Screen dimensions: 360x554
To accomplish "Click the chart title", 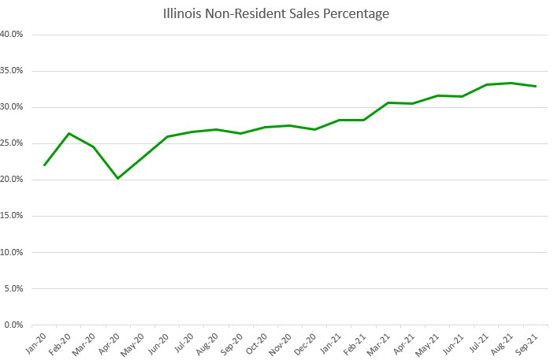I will [x=277, y=13].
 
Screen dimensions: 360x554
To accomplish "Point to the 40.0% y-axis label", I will [x=12, y=35].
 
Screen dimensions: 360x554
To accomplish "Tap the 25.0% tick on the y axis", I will [x=12, y=143].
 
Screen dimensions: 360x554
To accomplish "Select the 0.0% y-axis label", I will [x=13, y=325].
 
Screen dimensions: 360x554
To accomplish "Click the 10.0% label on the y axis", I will [x=12, y=252].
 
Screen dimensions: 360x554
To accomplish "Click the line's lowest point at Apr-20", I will [x=118, y=178].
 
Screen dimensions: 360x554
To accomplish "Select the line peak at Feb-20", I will [x=69, y=133].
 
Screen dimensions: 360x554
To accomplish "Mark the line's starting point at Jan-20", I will [x=44, y=165].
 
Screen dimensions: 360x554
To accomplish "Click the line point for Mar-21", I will [x=389, y=102].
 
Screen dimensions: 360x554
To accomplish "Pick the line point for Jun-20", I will [x=167, y=136].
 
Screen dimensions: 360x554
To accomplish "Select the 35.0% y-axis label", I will [x=12, y=71].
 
